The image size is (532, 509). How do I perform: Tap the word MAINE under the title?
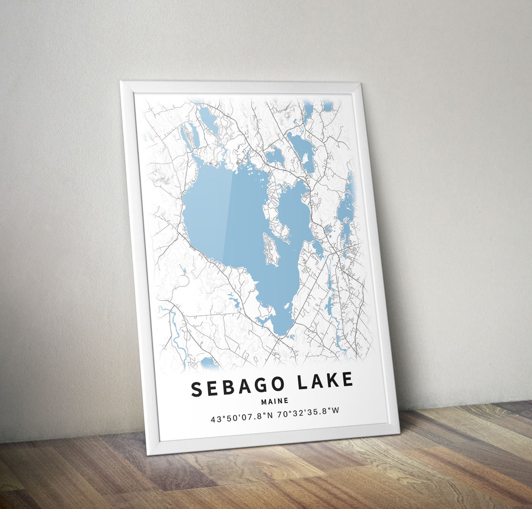pyautogui.click(x=275, y=401)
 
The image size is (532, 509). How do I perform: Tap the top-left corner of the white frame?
pyautogui.click(x=121, y=82)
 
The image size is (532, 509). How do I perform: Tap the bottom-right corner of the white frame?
pyautogui.click(x=399, y=431)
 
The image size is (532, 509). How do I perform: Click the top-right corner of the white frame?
pyautogui.click(x=360, y=84)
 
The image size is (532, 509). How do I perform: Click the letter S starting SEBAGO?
pyautogui.click(x=197, y=389)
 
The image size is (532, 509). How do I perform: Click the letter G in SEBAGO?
pyautogui.click(x=260, y=385)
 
